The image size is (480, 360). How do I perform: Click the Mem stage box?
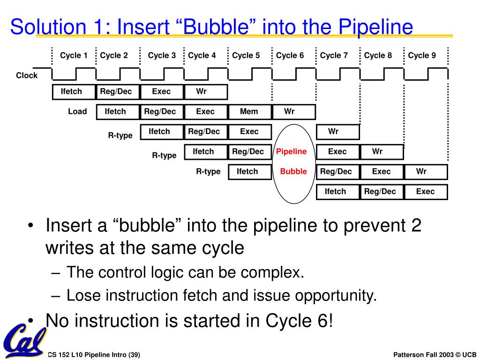(x=249, y=112)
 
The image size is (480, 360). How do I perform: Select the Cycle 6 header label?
(x=290, y=55)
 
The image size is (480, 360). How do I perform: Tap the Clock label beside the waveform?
(x=27, y=75)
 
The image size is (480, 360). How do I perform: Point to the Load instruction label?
(x=77, y=112)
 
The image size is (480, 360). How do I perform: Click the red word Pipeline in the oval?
(x=291, y=151)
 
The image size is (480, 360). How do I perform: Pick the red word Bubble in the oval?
(x=293, y=172)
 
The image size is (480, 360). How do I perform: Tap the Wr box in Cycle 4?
(x=205, y=92)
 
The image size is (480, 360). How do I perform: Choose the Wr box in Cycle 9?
(x=425, y=172)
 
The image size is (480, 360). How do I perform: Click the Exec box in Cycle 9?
(x=425, y=191)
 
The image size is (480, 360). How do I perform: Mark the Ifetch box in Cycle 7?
(x=337, y=191)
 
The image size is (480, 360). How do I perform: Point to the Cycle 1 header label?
(x=74, y=55)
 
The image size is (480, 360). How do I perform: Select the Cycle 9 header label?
(x=422, y=55)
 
